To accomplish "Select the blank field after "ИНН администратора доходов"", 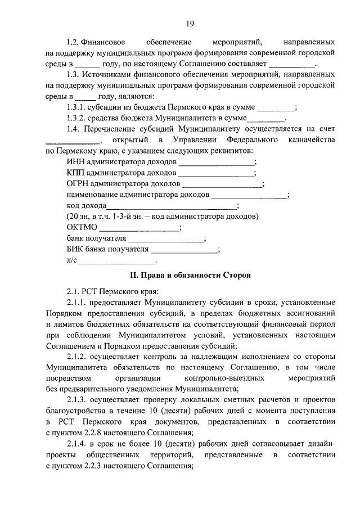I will (217, 163).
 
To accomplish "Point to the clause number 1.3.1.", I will (76, 107).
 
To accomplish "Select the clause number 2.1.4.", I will (76, 443).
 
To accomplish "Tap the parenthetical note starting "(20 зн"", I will (162, 217).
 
